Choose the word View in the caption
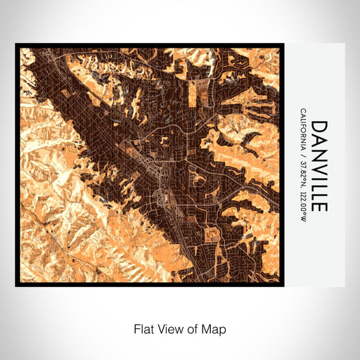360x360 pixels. [x=169, y=328]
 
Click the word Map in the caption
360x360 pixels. [x=216, y=328]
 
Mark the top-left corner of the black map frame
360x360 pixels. [x=16, y=44]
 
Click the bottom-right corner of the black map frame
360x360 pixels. [x=283, y=285]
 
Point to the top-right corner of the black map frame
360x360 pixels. [x=283, y=44]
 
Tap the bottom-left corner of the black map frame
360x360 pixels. [x=16, y=285]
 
